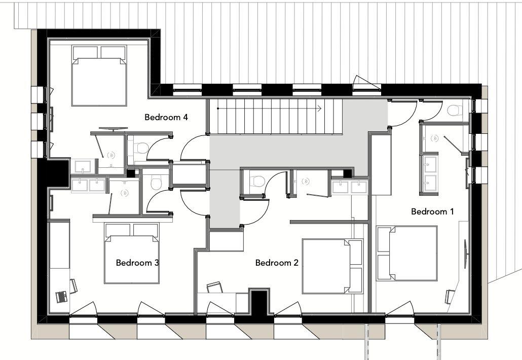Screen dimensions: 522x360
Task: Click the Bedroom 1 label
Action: pos(432,211)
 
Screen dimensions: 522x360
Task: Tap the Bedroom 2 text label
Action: pos(277,263)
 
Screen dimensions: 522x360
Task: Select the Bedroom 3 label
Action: pos(137,263)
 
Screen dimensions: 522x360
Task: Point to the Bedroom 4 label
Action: pos(166,117)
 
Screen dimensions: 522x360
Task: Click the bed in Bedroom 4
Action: pos(99,76)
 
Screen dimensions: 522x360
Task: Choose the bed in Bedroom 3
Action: pos(132,253)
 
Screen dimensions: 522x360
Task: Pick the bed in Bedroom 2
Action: pos(332,266)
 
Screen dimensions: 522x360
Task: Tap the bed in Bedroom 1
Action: pos(407,254)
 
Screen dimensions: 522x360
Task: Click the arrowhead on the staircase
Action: pos(320,108)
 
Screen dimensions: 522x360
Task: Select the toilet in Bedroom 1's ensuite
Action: pos(455,110)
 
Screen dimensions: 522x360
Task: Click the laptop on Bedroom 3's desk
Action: pos(62,297)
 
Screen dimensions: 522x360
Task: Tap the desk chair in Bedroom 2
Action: pos(214,287)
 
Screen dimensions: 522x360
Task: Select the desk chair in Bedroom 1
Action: pos(450,297)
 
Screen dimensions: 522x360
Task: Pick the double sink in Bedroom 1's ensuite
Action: pos(431,174)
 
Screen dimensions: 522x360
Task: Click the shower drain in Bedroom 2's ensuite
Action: pos(305,181)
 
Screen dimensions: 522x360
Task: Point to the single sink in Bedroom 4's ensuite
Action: pos(83,166)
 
